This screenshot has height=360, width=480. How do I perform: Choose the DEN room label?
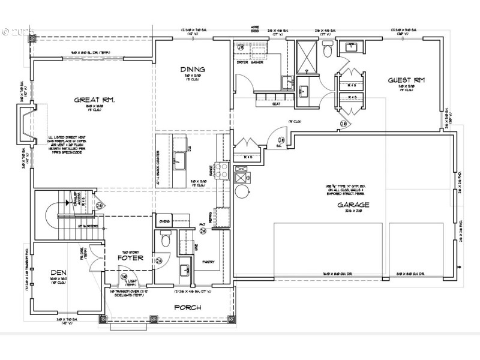[58, 272]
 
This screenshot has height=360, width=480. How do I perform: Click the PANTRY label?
[209, 262]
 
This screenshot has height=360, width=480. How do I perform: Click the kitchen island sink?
[179, 159]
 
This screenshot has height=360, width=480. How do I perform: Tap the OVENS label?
[165, 221]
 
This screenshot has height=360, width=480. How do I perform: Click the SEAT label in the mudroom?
[277, 104]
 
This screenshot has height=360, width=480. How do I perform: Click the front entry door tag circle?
[125, 277]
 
